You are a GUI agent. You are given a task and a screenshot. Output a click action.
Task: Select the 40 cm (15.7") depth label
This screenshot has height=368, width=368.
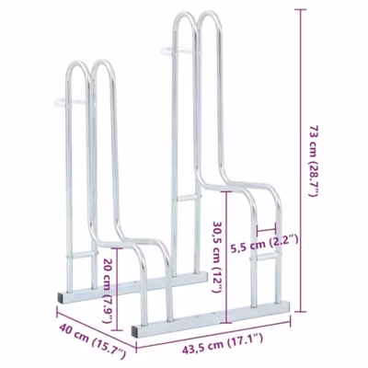pyautogui.click(x=92, y=341)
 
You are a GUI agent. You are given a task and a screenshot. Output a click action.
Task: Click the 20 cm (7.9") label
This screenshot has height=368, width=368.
pyautogui.click(x=108, y=291)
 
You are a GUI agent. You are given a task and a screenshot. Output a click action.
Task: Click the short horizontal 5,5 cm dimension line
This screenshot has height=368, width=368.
pyautogui.click(x=267, y=229)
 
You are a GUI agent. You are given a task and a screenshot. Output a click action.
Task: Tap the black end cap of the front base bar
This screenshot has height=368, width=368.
pyautogui.click(x=134, y=331)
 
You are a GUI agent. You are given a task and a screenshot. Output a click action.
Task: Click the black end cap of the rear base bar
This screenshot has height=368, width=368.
pyautogui.click(x=61, y=298)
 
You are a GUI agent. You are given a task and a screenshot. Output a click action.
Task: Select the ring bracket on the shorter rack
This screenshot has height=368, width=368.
pyautogui.click(x=69, y=102)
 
